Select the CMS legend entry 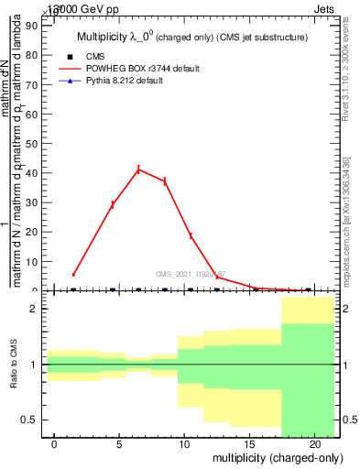tap(94, 56)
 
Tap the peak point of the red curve tap(138, 169)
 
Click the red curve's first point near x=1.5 tap(73, 275)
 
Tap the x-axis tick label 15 tap(249, 444)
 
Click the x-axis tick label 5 tap(119, 444)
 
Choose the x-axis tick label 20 tap(314, 444)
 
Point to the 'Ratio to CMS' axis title tap(13, 364)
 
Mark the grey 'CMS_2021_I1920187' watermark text tap(191, 273)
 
